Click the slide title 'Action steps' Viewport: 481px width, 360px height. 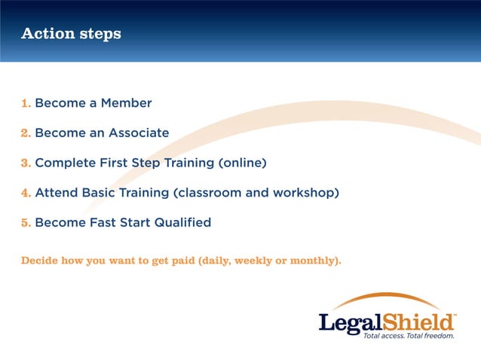(x=71, y=34)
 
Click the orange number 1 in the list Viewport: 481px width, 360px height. (x=25, y=103)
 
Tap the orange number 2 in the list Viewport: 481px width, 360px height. (x=25, y=133)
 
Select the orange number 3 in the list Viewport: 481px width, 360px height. (x=25, y=163)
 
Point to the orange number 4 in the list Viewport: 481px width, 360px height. (x=25, y=193)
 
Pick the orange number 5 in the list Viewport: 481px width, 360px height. (x=25, y=223)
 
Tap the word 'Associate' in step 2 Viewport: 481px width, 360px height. (x=139, y=133)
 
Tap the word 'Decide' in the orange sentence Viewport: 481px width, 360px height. (x=39, y=261)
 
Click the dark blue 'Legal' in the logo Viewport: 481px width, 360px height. (x=349, y=322)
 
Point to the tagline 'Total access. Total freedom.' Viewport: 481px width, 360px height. (x=409, y=336)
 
